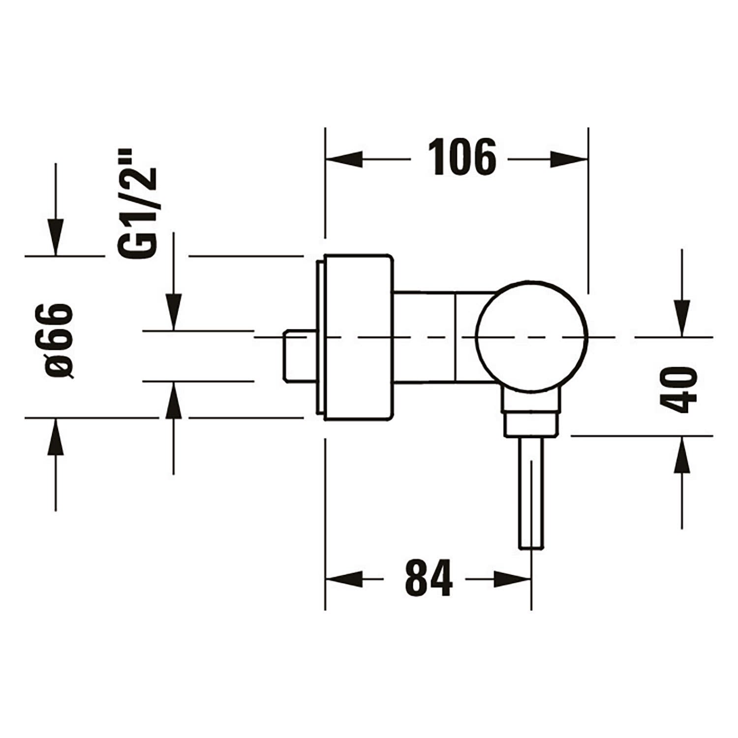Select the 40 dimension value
tap(678, 389)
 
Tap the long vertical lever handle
tap(532, 492)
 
